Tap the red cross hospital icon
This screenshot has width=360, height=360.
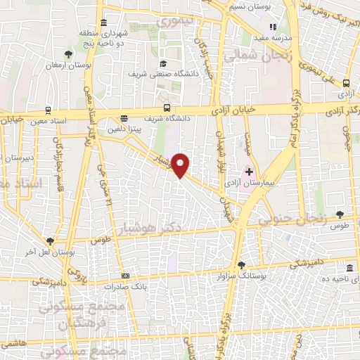point(248,172)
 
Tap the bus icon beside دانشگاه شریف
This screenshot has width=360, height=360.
point(167,108)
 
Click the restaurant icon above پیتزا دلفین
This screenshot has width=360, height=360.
point(124,117)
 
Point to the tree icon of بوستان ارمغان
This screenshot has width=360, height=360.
point(68,53)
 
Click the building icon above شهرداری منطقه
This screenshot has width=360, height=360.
point(104,22)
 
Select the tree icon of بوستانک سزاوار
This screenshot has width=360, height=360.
point(242,265)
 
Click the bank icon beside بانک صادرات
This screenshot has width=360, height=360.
point(125,276)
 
